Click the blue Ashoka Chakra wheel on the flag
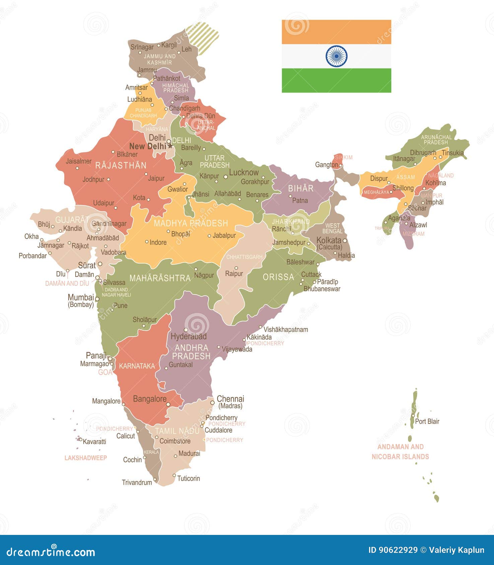336,56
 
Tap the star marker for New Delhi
170,146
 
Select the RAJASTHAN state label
121,165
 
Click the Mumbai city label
81,297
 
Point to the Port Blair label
427,421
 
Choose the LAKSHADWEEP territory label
86,458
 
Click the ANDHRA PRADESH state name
191,352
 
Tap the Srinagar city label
142,47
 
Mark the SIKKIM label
344,157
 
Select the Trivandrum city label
137,482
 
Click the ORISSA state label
278,277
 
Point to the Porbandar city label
32,256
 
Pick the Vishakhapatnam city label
286,329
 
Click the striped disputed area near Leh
202,37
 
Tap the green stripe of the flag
336,80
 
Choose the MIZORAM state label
413,234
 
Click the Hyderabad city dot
186,330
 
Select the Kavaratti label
94,442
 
